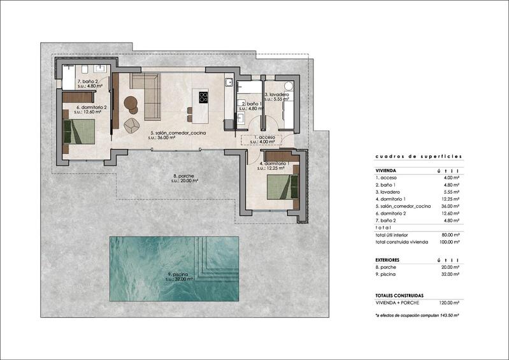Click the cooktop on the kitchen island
pos(204,97)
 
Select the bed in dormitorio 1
pos(281,187)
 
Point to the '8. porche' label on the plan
pos(185,176)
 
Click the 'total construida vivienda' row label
pos(403,242)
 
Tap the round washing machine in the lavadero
pos(288,86)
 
